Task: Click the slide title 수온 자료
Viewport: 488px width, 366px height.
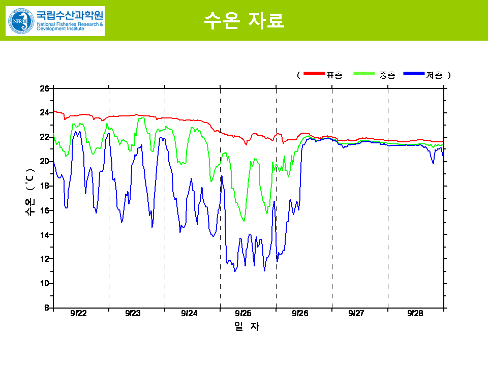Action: click(x=244, y=20)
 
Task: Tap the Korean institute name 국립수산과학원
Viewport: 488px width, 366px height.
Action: click(x=70, y=15)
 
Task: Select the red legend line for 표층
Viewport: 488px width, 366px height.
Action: click(x=314, y=74)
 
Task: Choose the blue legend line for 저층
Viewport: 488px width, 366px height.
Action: click(x=413, y=74)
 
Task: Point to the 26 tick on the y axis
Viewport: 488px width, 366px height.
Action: click(x=44, y=88)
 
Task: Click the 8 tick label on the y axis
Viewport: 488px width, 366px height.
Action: click(x=46, y=308)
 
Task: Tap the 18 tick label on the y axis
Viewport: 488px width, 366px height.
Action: click(x=44, y=186)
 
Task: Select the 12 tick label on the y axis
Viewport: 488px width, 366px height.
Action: click(x=44, y=259)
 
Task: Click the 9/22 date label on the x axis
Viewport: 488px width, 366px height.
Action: click(x=78, y=314)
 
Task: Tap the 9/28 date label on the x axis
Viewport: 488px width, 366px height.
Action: click(x=415, y=314)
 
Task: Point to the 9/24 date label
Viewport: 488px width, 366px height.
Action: click(x=189, y=314)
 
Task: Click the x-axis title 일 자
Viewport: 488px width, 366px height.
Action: click(x=247, y=327)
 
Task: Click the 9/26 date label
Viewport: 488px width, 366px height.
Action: click(x=300, y=314)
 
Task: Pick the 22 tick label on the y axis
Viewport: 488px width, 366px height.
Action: click(x=44, y=137)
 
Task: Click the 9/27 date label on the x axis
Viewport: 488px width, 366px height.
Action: click(x=356, y=314)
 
